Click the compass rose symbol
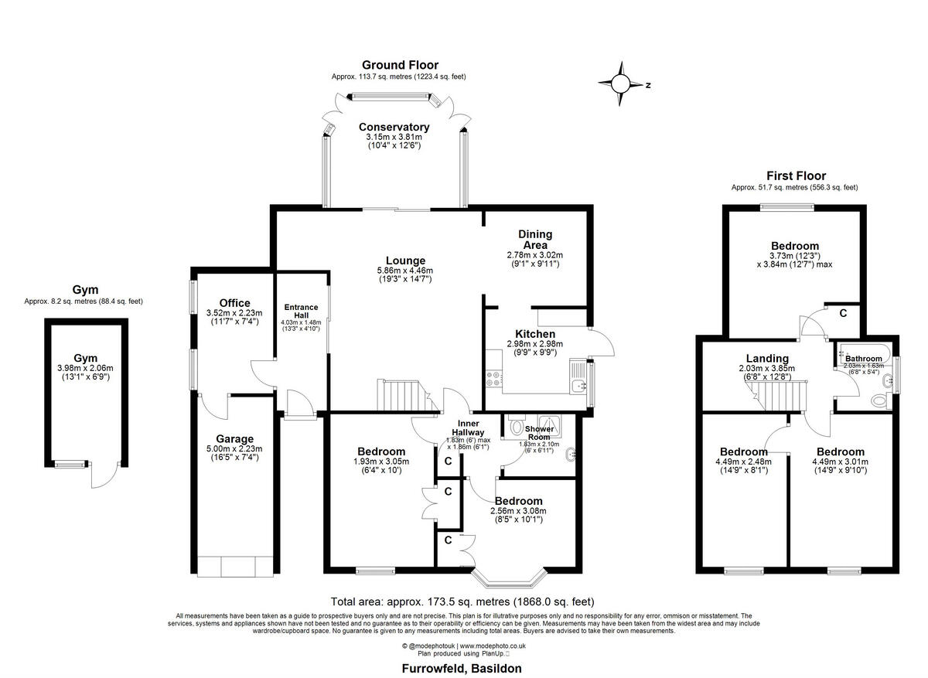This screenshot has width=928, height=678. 622,84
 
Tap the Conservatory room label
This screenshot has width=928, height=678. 394,128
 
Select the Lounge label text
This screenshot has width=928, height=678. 406,261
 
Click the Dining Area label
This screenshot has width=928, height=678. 534,240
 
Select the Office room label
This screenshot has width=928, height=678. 234,302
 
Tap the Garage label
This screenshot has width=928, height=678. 234,439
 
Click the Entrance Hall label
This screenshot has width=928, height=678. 301,312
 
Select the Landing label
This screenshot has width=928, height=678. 767,358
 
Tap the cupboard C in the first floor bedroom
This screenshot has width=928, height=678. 843,313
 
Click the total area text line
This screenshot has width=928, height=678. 462,601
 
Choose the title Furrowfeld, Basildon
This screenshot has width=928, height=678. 462,668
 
